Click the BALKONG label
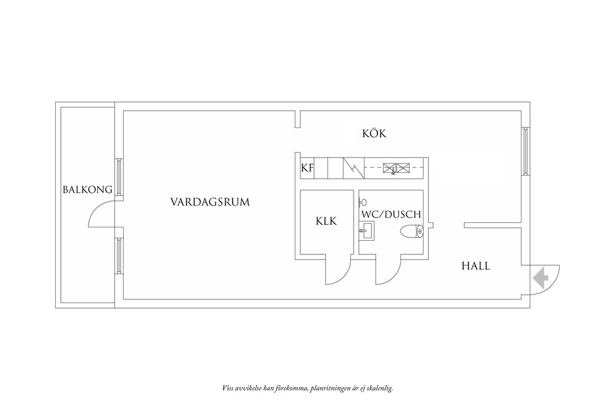point(88,190)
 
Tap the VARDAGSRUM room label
point(209,202)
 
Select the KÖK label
point(375,134)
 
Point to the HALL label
point(475,265)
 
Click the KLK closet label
point(326,221)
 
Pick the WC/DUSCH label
point(391,214)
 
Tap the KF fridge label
point(307,169)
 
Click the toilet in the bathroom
point(411,231)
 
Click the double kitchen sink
point(396,168)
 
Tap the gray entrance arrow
point(540,277)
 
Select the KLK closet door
point(338,272)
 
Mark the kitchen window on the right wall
point(526,151)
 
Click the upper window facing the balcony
point(119,178)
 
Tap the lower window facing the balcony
point(119,256)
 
